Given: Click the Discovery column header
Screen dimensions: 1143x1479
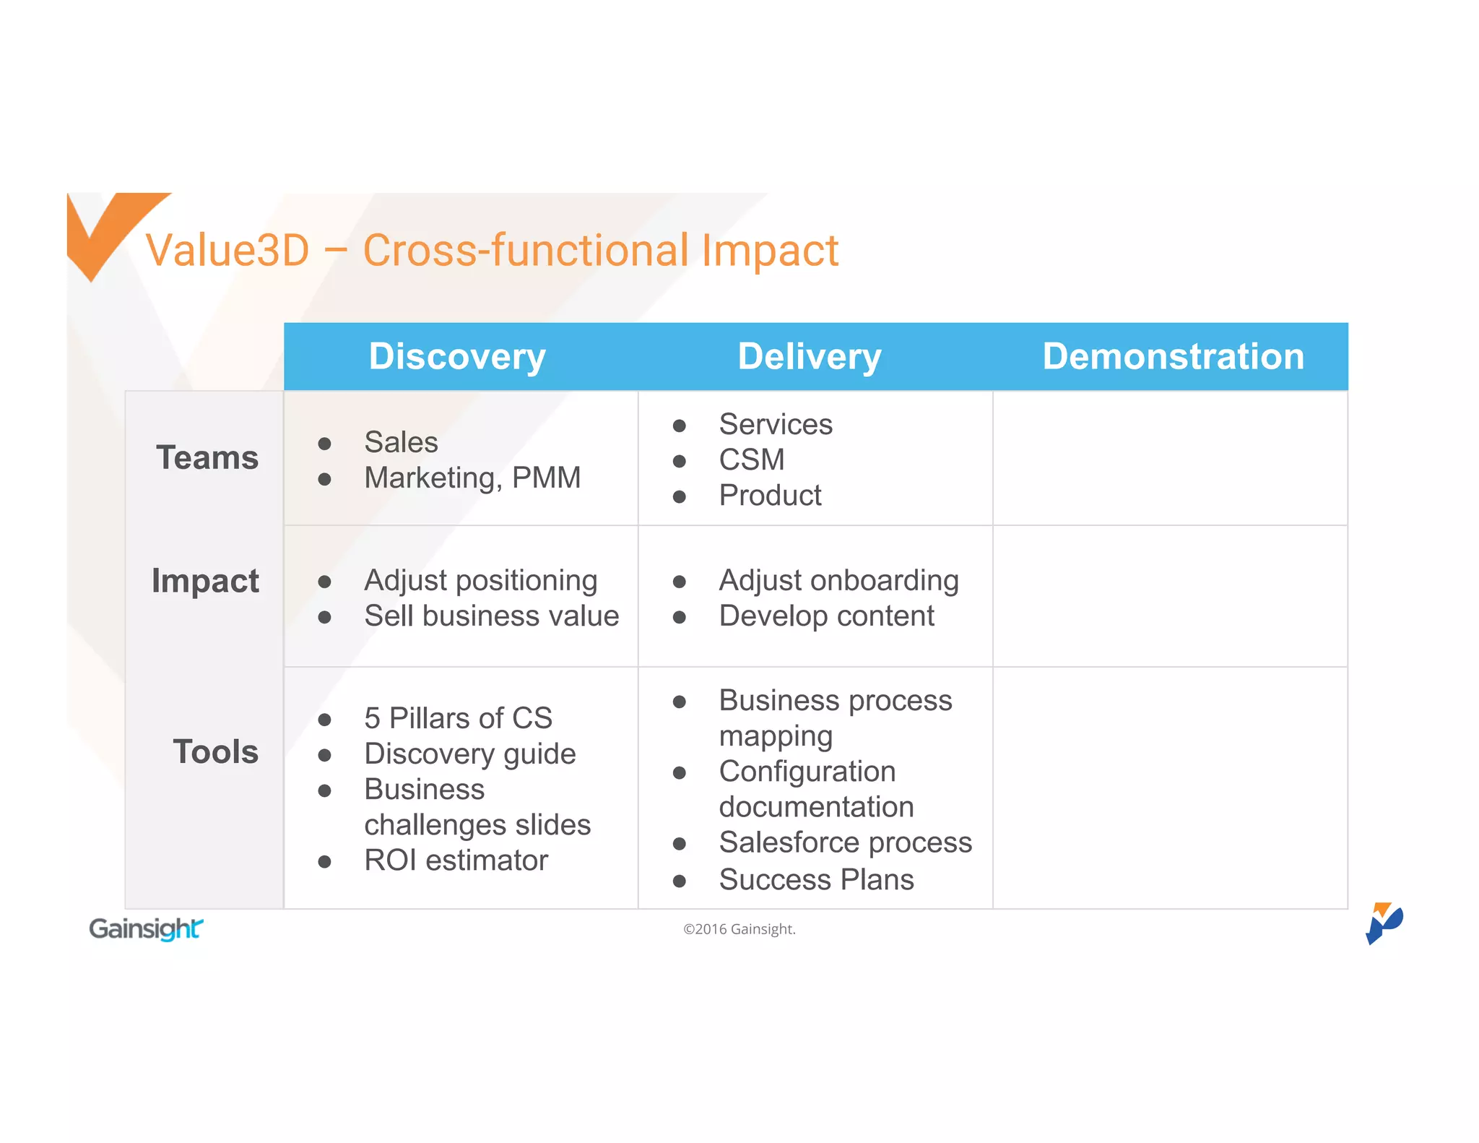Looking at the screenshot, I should (457, 357).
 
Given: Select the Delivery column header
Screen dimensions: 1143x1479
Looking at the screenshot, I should (810, 357).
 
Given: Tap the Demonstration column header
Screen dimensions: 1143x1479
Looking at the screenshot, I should (1173, 357).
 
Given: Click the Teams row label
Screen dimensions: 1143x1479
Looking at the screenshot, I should (207, 458).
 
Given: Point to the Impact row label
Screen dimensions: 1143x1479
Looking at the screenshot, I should (205, 581).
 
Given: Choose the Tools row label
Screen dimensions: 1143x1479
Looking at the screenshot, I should (215, 752).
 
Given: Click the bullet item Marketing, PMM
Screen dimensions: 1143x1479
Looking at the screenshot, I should (472, 478).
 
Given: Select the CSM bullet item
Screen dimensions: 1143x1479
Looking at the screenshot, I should (752, 460).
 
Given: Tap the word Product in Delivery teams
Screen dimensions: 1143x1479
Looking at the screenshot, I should (770, 496).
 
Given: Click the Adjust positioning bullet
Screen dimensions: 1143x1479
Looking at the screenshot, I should (480, 581).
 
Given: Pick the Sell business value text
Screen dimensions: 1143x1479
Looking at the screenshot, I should (491, 616).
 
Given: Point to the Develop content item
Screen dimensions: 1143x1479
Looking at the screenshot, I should (826, 616).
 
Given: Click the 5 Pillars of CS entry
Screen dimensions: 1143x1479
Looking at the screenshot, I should (458, 718).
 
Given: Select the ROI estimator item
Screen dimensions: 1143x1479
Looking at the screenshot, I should (456, 861).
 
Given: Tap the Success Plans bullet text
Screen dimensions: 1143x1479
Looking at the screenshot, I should (816, 880).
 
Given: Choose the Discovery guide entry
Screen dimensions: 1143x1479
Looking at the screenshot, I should (469, 754).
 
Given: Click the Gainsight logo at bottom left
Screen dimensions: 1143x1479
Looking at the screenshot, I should (146, 929).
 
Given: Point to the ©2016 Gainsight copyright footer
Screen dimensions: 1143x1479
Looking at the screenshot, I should (739, 929).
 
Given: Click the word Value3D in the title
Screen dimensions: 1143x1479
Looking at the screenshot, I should (227, 251).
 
